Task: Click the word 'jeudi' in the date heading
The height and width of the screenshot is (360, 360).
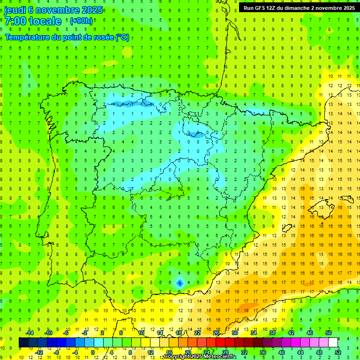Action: pyautogui.click(x=15, y=10)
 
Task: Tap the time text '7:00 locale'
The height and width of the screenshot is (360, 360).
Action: pyautogui.click(x=33, y=21)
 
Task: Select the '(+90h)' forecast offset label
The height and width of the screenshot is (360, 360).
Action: pyautogui.click(x=81, y=21)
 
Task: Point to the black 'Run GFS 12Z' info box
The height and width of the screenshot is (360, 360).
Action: pyautogui.click(x=299, y=7)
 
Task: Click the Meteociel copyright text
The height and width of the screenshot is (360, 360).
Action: pyautogui.click(x=200, y=357)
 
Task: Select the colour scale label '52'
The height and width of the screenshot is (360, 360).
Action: pyautogui.click(x=338, y=352)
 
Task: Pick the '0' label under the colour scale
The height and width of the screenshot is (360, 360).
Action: pyautogui.click(x=93, y=352)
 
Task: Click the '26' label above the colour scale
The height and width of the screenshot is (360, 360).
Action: pyautogui.click(x=216, y=333)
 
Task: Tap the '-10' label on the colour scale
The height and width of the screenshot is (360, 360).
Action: pyautogui.click(x=48, y=333)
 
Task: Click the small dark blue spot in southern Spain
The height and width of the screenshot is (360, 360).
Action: pyautogui.click(x=180, y=283)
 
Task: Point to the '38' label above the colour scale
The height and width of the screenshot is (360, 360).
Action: pyautogui.click(x=272, y=333)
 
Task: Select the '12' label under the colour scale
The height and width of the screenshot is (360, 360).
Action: pyautogui.click(x=150, y=352)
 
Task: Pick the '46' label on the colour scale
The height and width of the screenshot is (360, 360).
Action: pyautogui.click(x=310, y=333)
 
